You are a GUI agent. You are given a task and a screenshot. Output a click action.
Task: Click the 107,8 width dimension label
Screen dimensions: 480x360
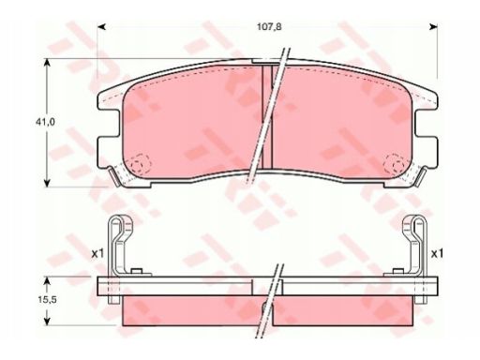tap(269, 27)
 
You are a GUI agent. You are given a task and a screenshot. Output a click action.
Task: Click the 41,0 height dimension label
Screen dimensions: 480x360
tap(45, 122)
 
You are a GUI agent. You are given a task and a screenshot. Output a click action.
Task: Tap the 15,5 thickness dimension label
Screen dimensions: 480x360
tap(47, 300)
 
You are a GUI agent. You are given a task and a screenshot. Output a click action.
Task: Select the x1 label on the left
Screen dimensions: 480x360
tap(97, 254)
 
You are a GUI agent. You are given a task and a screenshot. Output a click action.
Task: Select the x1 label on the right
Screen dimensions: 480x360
tap(437, 254)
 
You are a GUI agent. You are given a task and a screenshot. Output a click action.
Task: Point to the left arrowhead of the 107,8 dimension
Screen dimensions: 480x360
tap(101, 27)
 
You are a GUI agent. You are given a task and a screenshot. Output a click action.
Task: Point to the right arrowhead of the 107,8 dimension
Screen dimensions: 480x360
tap(433, 27)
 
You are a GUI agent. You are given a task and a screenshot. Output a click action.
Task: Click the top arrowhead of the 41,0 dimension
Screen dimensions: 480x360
tap(47, 63)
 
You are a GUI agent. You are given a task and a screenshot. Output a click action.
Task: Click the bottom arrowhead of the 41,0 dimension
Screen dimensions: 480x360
tap(47, 183)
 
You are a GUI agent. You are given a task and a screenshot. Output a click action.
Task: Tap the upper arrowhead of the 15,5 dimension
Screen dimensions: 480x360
tap(47, 281)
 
